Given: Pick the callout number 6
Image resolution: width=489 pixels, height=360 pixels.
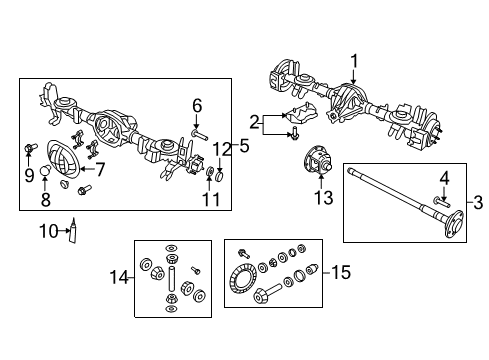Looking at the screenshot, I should [x=197, y=106].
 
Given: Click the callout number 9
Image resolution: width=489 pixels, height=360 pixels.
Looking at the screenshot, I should [x=27, y=175].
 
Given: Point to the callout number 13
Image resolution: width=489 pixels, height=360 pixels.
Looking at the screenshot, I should [x=324, y=199].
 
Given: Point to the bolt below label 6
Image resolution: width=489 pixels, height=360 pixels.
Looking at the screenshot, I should [x=197, y=130].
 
